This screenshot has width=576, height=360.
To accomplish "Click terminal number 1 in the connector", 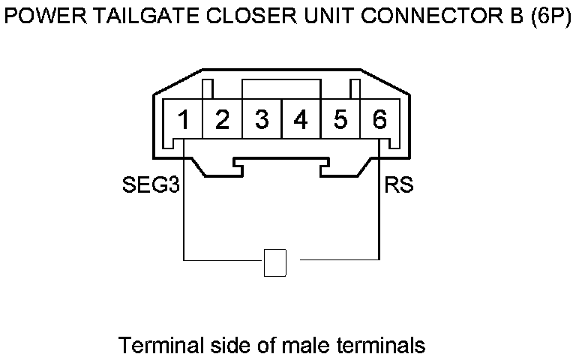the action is (x=183, y=119).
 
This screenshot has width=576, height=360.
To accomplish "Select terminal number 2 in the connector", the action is (x=222, y=119).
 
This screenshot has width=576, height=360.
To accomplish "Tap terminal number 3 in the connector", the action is (x=262, y=119).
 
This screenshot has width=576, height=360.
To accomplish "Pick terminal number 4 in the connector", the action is (x=301, y=119).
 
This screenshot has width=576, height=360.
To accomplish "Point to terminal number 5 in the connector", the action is (x=340, y=119).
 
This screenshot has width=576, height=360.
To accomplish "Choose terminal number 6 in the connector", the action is (x=379, y=119).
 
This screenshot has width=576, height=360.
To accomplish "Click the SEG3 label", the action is (x=151, y=185).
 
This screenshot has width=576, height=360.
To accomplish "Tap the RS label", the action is (x=399, y=185).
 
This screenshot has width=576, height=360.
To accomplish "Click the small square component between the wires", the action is (x=276, y=262).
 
